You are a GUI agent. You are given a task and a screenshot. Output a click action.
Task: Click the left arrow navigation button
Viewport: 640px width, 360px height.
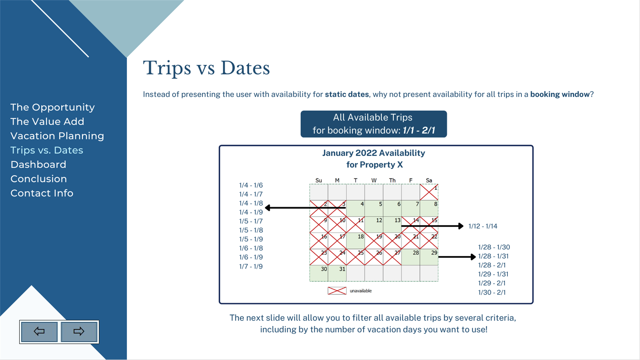39,332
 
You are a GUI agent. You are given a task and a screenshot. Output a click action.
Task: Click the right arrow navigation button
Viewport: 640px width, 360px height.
79,332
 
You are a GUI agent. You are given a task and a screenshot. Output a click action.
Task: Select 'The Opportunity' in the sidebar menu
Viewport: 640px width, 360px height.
52,107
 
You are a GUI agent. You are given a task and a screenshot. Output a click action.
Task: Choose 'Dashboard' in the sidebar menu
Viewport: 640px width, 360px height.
38,164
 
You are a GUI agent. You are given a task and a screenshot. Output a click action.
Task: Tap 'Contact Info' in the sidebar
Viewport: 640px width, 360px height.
42,193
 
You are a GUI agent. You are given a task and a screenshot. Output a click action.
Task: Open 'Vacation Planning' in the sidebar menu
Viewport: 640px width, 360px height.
57,136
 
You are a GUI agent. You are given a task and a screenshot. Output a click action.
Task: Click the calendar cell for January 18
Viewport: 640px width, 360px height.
355,241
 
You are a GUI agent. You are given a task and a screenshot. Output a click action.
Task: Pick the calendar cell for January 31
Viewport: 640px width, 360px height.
337,273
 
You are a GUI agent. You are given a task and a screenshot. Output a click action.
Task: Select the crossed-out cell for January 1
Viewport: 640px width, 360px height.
429,192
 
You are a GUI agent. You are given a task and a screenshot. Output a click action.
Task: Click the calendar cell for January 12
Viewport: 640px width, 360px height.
374,225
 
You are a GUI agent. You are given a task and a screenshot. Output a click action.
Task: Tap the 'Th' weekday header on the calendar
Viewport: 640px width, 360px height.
392,180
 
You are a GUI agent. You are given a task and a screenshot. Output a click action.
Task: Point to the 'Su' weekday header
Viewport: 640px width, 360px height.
318,180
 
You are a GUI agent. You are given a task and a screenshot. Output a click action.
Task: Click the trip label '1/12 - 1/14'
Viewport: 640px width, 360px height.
483,226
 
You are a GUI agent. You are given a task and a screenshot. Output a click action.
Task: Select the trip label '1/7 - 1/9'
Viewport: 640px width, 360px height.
251,266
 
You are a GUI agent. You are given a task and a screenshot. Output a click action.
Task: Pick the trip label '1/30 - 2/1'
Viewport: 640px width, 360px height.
492,292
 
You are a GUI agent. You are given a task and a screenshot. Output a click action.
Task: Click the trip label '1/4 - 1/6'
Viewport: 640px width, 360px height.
251,185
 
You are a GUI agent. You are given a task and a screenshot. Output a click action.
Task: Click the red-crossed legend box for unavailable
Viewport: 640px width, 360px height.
337,291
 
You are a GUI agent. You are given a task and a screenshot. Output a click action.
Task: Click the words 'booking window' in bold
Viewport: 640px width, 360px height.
560,94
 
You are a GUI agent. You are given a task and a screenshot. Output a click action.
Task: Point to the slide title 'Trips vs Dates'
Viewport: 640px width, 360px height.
206,68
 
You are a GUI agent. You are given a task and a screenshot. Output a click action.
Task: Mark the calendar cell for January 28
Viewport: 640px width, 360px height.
411,257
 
